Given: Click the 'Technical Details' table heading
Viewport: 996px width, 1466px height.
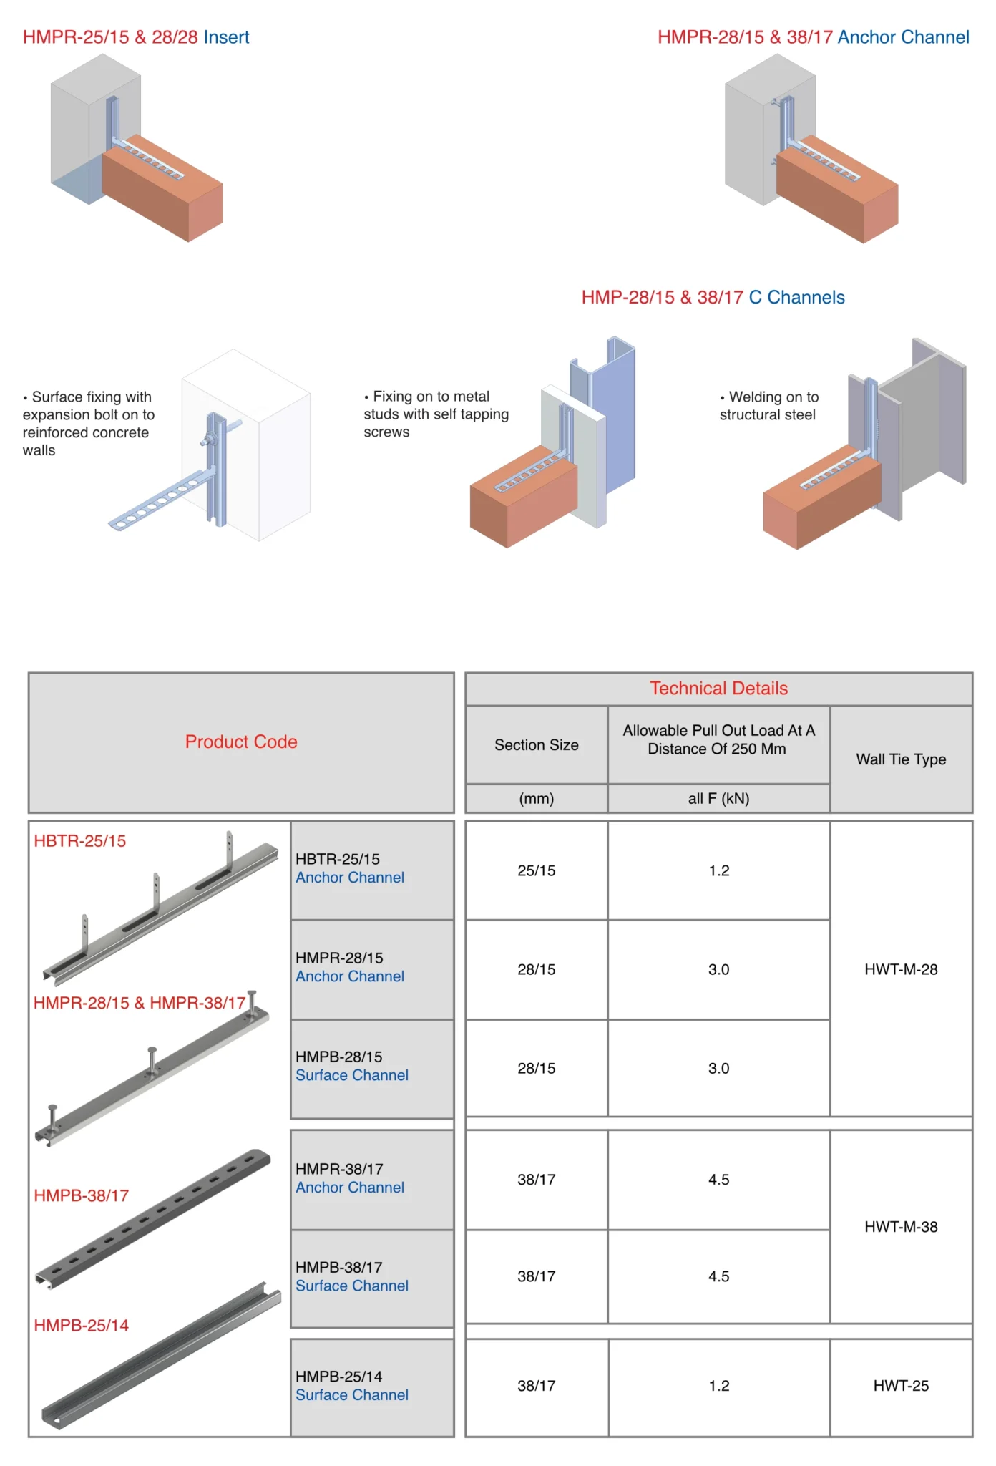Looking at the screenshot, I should tap(718, 689).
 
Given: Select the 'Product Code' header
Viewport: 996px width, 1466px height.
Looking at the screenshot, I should tap(241, 742).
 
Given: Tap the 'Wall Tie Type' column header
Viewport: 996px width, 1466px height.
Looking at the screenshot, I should tap(901, 759).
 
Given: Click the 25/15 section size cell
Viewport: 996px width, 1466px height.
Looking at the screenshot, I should tap(537, 870).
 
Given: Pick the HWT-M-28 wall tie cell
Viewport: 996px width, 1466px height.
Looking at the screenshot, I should tap(901, 969).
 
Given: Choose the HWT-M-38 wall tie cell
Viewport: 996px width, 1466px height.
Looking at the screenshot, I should tap(901, 1227).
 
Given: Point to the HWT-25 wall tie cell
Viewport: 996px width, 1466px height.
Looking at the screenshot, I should tap(901, 1386).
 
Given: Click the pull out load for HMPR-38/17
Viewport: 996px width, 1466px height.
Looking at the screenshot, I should tap(718, 1180).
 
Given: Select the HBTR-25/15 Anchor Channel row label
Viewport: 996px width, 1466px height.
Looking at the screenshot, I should tap(350, 868).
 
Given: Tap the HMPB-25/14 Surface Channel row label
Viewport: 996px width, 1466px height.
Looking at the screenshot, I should tap(352, 1386).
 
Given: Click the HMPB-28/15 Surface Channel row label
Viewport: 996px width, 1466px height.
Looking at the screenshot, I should tap(352, 1066).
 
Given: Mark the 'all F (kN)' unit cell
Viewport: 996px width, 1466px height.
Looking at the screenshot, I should tap(718, 799).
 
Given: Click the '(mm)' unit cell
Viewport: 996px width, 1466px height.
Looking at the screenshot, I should tap(537, 799).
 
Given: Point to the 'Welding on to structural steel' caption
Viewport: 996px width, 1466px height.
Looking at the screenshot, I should tap(769, 406).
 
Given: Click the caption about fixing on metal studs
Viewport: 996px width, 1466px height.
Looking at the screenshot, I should tap(436, 414).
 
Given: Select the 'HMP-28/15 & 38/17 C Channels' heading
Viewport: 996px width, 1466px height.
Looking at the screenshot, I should tap(713, 298).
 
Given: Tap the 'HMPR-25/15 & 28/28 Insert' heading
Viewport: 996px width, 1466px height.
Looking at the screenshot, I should tap(136, 37).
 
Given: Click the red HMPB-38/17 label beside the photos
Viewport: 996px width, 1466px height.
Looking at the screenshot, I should tap(82, 1195).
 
